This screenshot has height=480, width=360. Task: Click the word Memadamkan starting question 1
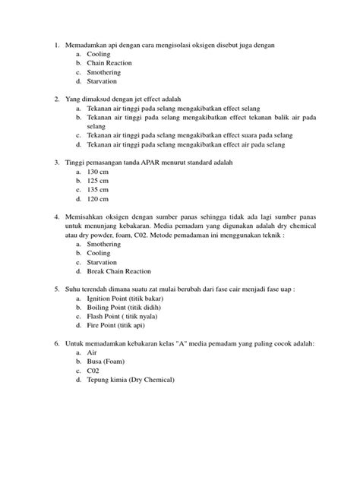[88, 46]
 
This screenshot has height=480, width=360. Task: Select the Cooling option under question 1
[99, 55]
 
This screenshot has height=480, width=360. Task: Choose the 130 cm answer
[99, 172]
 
